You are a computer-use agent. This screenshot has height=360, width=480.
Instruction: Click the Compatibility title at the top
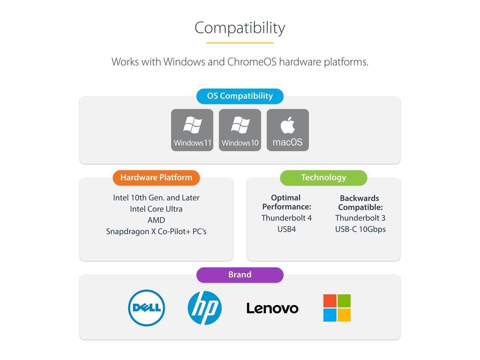[240, 28]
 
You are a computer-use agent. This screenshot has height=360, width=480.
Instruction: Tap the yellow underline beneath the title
[240, 43]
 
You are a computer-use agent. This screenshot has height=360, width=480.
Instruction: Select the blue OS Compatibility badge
[240, 96]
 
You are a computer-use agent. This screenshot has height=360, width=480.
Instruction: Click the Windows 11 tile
[192, 130]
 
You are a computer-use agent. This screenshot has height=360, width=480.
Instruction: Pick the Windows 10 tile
[240, 130]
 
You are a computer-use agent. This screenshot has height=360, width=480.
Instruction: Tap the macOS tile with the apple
[288, 130]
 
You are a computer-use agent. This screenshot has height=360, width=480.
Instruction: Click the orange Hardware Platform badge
[156, 178]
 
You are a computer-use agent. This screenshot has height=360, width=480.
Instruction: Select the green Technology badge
[323, 178]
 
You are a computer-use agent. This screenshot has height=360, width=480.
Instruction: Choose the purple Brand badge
[240, 275]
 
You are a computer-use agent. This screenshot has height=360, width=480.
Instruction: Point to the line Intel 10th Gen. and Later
[156, 198]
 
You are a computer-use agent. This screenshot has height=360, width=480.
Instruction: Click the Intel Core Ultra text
[156, 209]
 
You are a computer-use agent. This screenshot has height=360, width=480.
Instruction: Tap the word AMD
[156, 220]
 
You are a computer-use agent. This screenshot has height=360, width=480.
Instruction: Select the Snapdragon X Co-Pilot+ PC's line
[156, 231]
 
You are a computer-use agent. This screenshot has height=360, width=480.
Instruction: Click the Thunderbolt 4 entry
[286, 218]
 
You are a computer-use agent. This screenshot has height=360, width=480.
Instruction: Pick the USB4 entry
[286, 229]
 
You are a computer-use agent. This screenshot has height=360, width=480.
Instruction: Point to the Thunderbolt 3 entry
[360, 218]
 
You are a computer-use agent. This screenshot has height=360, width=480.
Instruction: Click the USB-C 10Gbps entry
[360, 229]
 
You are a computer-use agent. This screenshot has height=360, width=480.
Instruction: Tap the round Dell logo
[147, 308]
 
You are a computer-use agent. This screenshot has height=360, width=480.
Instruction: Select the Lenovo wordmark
[272, 308]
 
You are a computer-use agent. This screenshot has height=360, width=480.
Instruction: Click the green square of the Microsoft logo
[344, 301]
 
